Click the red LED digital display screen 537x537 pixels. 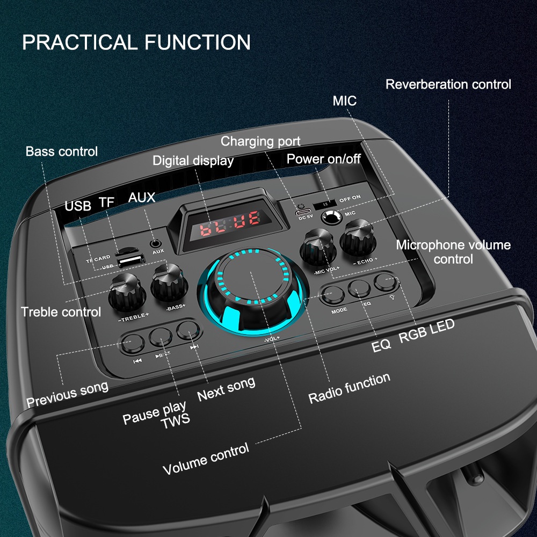(x=230, y=224)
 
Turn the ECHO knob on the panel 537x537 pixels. (x=358, y=238)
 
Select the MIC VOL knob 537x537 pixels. (x=317, y=247)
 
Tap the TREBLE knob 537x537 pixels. (x=127, y=292)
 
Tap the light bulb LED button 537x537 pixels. (x=386, y=282)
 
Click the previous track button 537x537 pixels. (x=132, y=343)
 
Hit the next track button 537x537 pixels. (x=188, y=330)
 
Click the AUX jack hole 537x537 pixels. (x=156, y=244)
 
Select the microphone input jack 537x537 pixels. (x=331, y=217)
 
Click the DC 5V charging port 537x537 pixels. (x=303, y=211)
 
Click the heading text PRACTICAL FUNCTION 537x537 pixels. (x=136, y=42)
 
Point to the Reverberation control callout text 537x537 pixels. (x=448, y=84)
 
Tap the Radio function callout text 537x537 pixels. (x=349, y=388)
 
